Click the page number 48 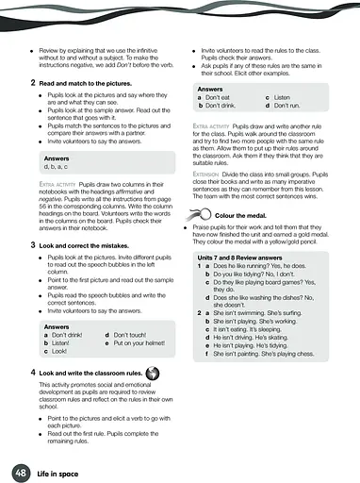point(20,471)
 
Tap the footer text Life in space point(58,471)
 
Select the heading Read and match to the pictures point(88,83)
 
